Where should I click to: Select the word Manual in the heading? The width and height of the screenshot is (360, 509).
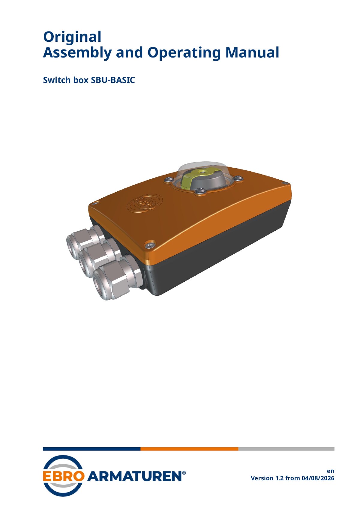[252, 52]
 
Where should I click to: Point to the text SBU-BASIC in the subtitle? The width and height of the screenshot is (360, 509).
[113, 80]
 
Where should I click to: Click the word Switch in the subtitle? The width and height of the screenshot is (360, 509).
[57, 80]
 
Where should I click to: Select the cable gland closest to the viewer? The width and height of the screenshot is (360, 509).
[117, 279]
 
